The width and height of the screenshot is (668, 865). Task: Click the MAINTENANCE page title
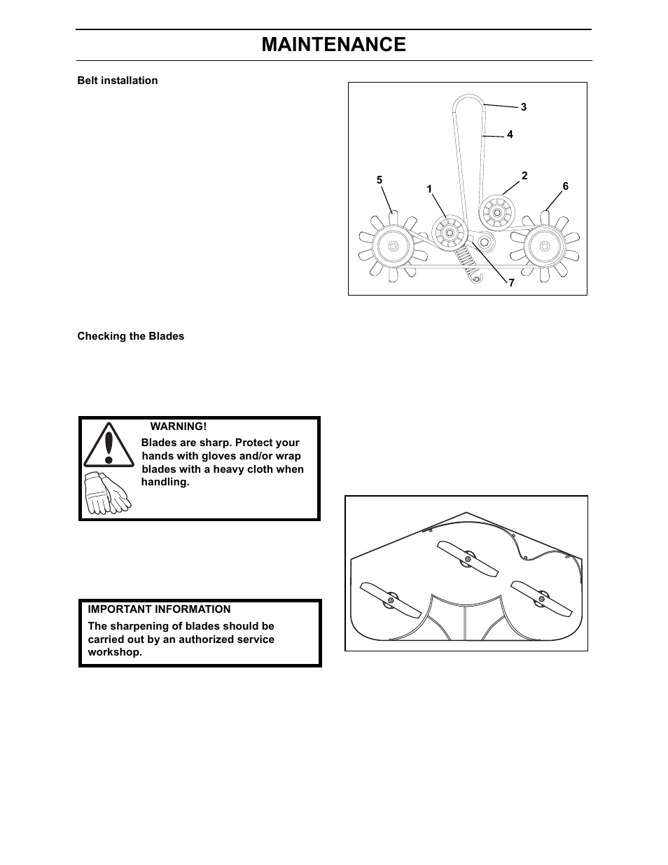pos(333,45)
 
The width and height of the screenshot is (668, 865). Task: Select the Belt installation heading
pos(117,81)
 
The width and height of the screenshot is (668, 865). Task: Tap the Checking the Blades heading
pos(130,336)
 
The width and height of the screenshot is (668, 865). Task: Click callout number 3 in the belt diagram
pos(523,107)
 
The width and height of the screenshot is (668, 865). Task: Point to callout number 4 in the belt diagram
pos(510,134)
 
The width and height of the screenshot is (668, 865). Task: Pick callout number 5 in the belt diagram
pos(380,180)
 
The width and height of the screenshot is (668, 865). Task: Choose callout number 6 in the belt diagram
pos(565,186)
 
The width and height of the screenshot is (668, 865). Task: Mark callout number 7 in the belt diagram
pos(511,284)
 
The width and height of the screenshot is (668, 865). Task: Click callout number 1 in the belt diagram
pos(429,190)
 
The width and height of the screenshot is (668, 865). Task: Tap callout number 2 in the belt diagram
pos(524,176)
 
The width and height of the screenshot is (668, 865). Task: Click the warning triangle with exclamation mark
pos(109,445)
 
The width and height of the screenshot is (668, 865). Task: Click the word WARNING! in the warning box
pos(179,427)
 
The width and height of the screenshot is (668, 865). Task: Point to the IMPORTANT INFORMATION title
pos(159,609)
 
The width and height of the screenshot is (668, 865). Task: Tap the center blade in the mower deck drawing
pos(468,558)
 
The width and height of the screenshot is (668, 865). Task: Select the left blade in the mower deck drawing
pos(391,600)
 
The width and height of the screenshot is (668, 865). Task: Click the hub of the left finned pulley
pos(391,246)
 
